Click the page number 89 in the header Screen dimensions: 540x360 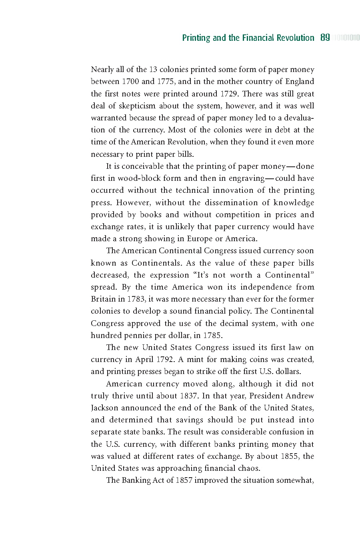tap(325, 38)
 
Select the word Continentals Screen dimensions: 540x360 tap(156, 263)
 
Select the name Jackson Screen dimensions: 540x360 tap(104, 408)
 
